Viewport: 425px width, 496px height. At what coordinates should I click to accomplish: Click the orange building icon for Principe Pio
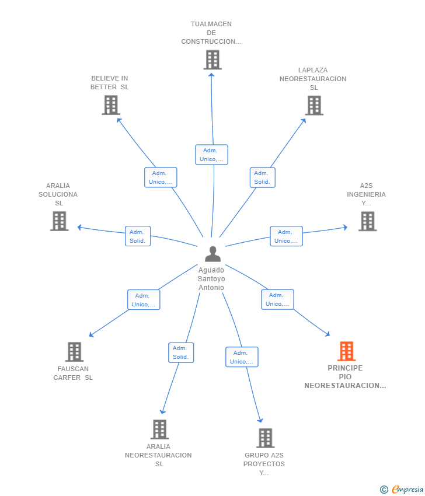pyautogui.click(x=346, y=351)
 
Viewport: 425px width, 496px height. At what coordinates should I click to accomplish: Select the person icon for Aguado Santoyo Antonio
pyautogui.click(x=212, y=254)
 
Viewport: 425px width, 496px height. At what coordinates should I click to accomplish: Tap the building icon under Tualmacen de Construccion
pyautogui.click(x=212, y=60)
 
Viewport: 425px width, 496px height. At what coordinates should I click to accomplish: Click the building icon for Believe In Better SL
pyautogui.click(x=111, y=106)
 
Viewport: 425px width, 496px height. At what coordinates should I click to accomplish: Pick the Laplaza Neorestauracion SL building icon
pyautogui.click(x=314, y=106)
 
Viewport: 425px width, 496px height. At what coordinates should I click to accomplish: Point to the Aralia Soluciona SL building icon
pyautogui.click(x=59, y=221)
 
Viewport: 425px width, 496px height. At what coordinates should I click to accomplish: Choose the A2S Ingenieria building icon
pyautogui.click(x=367, y=221)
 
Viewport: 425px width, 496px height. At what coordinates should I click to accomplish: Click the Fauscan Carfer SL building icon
pyautogui.click(x=74, y=352)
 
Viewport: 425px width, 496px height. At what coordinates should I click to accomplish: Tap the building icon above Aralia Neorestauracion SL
pyautogui.click(x=159, y=429)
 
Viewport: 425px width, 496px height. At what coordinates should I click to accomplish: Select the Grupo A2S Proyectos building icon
pyautogui.click(x=265, y=438)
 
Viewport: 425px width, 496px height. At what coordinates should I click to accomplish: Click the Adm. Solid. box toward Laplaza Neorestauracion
pyautogui.click(x=262, y=177)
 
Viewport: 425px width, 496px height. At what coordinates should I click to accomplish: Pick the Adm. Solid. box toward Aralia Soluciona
pyautogui.click(x=138, y=236)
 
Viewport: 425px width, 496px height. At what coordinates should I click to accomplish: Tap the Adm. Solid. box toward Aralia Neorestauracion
pyautogui.click(x=181, y=352)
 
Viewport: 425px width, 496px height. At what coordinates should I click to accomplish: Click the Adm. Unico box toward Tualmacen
pyautogui.click(x=211, y=155)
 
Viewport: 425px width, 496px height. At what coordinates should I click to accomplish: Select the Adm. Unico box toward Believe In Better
pyautogui.click(x=161, y=177)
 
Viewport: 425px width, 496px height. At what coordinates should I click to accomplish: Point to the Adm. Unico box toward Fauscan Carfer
pyautogui.click(x=144, y=299)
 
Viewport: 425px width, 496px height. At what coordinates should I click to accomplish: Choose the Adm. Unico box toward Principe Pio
pyautogui.click(x=277, y=299)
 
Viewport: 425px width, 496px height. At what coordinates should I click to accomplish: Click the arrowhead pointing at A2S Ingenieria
pyautogui.click(x=346, y=227)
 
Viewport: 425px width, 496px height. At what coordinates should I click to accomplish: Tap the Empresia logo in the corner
pyautogui.click(x=402, y=489)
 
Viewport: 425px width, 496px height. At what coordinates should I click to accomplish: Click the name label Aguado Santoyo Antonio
pyautogui.click(x=211, y=279)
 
